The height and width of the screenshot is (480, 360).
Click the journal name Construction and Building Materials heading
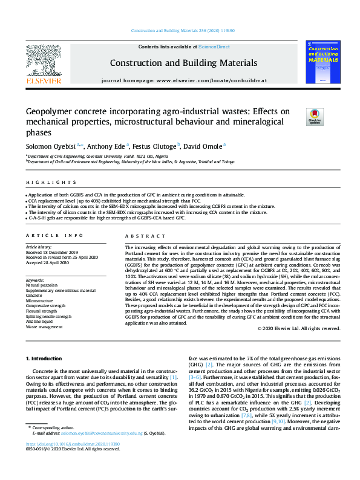(183, 63)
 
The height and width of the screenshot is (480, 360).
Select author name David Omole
(204, 146)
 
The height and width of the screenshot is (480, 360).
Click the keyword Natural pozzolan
(42, 285)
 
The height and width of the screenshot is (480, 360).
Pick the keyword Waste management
(44, 326)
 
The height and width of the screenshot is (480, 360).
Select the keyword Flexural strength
(42, 305)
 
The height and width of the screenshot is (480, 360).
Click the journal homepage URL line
(183, 80)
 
